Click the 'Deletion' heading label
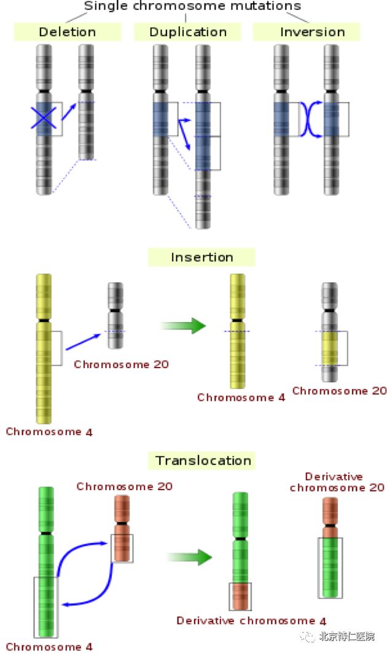pyautogui.click(x=68, y=31)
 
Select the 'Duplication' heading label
pyautogui.click(x=188, y=31)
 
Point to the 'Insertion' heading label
pyautogui.click(x=201, y=257)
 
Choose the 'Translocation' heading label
pyautogui.click(x=203, y=460)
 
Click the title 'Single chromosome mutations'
pyautogui.click(x=192, y=6)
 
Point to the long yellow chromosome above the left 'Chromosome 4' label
pyautogui.click(x=44, y=350)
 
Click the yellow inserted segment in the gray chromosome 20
pyautogui.click(x=330, y=348)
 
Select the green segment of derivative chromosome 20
pyautogui.click(x=330, y=567)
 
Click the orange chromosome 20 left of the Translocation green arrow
pyautogui.click(x=122, y=531)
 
